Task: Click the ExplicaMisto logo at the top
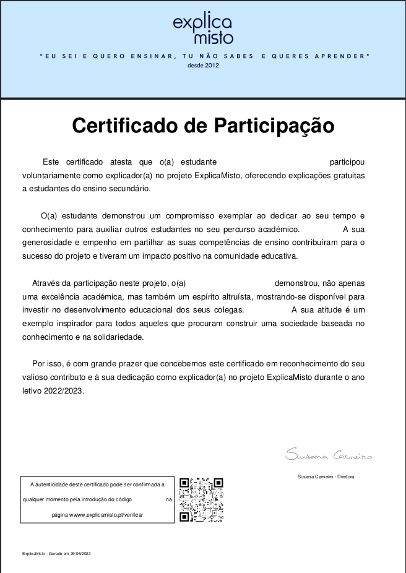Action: coord(203,29)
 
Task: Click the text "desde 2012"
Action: coord(203,65)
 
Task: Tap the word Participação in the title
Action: coord(274,126)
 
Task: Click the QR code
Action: coord(201,500)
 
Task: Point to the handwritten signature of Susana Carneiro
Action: coord(329,456)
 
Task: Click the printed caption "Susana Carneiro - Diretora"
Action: coord(326,476)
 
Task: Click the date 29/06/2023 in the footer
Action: coord(80,553)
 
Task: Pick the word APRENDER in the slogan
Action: coord(341,56)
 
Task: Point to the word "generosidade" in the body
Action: coord(46,243)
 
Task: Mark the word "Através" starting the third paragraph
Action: coord(46,283)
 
